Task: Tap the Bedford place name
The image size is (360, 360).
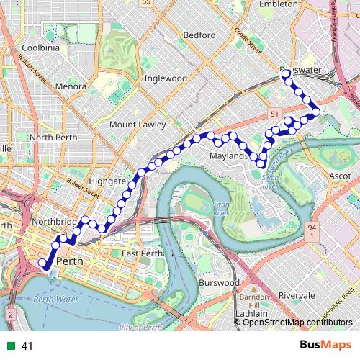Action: (199, 35)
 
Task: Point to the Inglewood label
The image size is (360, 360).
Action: (166, 78)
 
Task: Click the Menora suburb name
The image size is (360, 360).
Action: (71, 86)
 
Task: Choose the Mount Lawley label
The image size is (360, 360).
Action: (138, 125)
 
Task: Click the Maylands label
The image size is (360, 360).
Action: (230, 156)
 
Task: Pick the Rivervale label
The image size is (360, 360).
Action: (302, 295)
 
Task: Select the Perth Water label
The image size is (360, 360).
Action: (55, 298)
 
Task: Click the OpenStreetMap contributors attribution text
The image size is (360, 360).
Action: (297, 322)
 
